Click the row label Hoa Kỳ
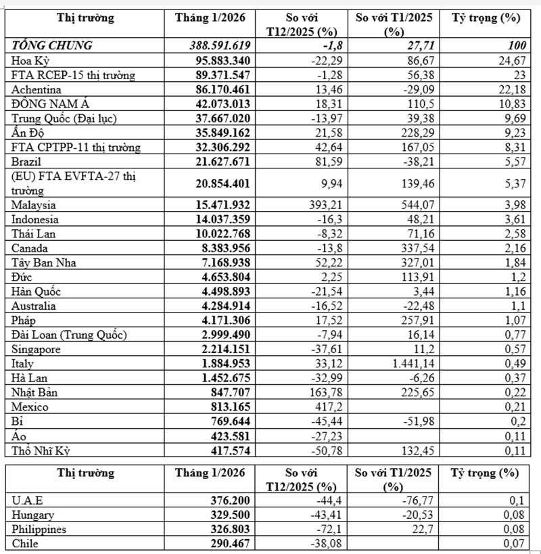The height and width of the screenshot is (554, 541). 30,61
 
